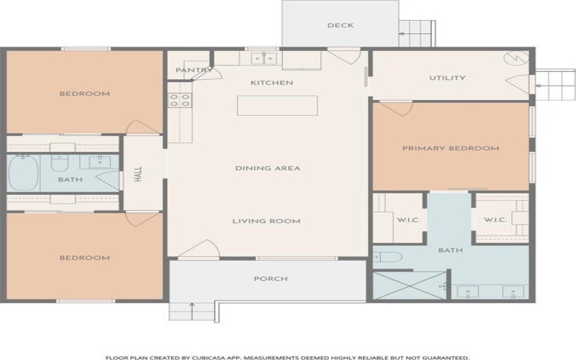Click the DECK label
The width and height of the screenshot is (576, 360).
pos(340,25)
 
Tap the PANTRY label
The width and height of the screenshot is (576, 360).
pos(194,70)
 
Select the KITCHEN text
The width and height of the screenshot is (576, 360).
pos(272,83)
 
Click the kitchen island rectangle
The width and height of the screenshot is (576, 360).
pos(277,105)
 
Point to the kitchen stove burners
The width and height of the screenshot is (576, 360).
pos(180,100)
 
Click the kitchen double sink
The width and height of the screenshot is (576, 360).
pos(264,58)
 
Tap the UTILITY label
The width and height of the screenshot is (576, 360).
pos(447,78)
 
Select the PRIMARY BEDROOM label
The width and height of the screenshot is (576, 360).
pos(451,148)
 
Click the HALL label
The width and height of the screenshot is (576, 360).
pos(138,174)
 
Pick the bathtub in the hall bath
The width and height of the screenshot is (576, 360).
pos(23,173)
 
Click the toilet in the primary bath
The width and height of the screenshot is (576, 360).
pos(388,257)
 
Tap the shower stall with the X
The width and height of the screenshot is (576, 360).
pos(410,285)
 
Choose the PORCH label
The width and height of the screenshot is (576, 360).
pos(271,279)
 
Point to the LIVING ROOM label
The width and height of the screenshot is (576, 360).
pos(266,221)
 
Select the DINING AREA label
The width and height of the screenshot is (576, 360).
pos(268,168)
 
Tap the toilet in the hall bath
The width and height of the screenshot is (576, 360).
pos(59,163)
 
